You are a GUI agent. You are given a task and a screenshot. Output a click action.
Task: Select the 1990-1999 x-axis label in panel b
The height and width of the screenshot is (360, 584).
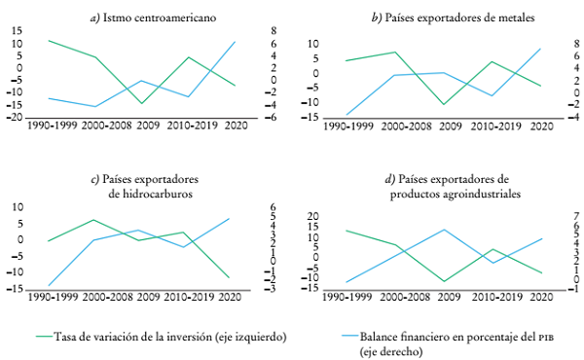tap(348, 126)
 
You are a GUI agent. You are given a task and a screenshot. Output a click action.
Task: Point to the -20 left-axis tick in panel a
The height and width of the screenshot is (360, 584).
tap(17, 118)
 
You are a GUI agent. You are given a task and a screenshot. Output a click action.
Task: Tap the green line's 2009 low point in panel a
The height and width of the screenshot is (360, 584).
tap(143, 103)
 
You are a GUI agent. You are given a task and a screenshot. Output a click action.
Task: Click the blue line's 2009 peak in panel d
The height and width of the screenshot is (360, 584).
tap(443, 230)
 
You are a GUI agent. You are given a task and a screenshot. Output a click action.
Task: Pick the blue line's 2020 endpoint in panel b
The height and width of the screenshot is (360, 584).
tap(540, 49)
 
